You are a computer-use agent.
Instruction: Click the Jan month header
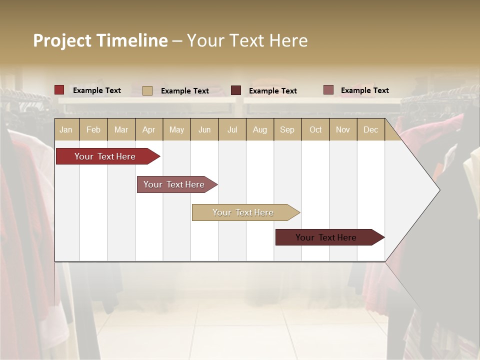point(66,129)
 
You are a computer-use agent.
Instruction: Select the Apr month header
point(148,129)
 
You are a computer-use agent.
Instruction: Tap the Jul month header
point(232,129)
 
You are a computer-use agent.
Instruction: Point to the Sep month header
point(287,129)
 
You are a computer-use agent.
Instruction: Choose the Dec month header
point(370,129)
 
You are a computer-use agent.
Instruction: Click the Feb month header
point(93,129)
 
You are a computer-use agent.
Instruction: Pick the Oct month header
point(315,129)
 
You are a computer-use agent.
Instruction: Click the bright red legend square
point(59,90)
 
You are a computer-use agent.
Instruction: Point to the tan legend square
point(147,90)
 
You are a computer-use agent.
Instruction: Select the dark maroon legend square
point(236,90)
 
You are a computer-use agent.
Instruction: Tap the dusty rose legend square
point(328,90)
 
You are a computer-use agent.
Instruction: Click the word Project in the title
point(62,40)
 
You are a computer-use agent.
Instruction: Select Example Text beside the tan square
point(185,91)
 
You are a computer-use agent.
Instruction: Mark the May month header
point(176,129)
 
